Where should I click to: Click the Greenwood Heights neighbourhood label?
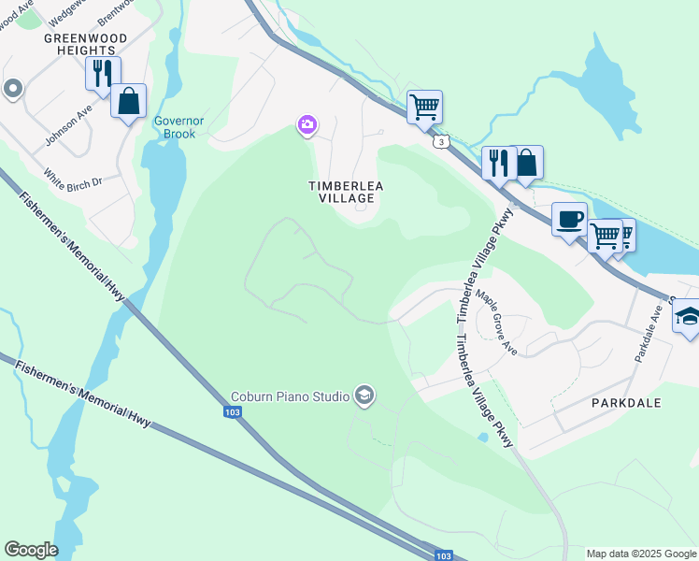(x=79, y=44)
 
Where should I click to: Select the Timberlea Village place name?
(x=346, y=192)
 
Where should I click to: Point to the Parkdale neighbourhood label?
(x=626, y=403)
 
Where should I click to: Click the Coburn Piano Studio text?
(x=290, y=396)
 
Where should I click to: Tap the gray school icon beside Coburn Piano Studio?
(x=364, y=396)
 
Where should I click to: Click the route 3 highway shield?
(x=439, y=141)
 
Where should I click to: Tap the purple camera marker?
(x=307, y=124)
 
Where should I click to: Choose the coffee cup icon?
(x=569, y=220)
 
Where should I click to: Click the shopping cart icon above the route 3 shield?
(x=424, y=107)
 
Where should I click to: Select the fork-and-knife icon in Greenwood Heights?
(x=103, y=73)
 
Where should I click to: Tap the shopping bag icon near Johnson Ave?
(x=128, y=101)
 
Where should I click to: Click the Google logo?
(x=31, y=550)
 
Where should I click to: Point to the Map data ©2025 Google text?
(x=640, y=554)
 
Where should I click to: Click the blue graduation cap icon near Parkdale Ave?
(x=688, y=318)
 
